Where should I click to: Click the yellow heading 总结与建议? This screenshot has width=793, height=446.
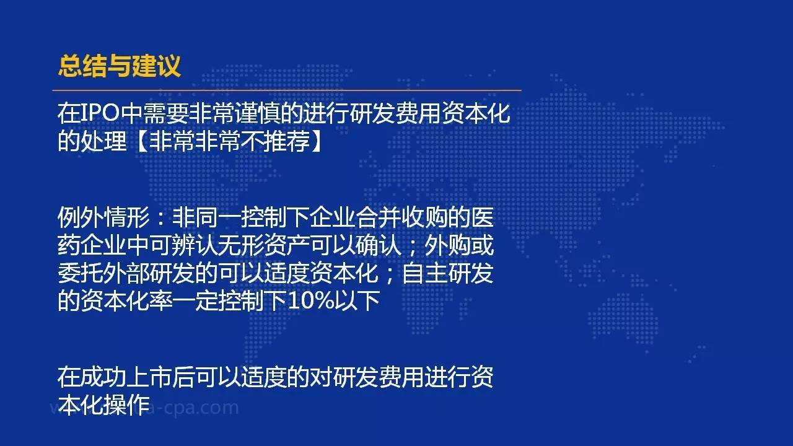(x=120, y=66)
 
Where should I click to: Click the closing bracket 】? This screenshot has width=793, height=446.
(x=316, y=142)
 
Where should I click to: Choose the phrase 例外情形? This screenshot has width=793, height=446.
(x=103, y=217)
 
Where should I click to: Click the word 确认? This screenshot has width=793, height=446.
(x=378, y=245)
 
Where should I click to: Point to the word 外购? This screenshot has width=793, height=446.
(x=447, y=245)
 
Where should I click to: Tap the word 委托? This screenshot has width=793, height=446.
(x=81, y=273)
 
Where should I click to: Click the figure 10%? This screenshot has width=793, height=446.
(x=311, y=301)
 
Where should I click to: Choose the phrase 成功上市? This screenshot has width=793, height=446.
(x=126, y=377)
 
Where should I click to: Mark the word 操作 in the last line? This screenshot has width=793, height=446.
(x=126, y=405)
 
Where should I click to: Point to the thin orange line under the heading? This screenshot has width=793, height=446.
(x=287, y=90)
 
